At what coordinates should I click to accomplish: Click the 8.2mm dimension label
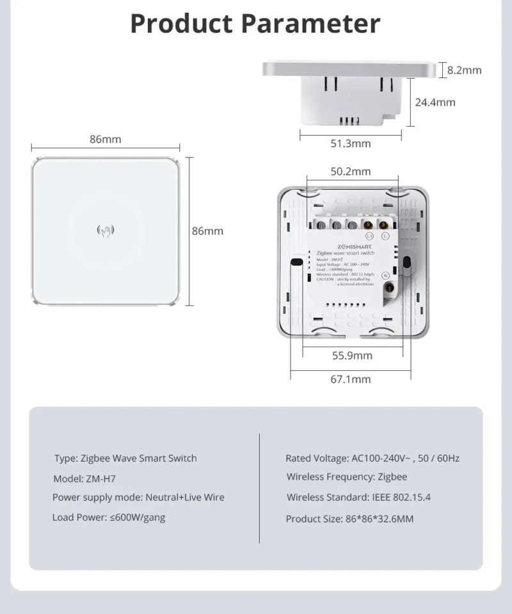point(464,70)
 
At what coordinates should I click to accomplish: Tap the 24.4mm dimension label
point(435,102)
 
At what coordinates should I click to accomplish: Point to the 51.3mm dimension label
point(350,143)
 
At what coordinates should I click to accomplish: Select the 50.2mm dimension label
point(350,171)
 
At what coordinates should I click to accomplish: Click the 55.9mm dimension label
point(352,356)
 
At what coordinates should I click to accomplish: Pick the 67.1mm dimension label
point(350,379)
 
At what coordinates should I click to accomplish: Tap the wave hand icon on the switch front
point(105,230)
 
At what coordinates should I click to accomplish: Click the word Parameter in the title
point(311,24)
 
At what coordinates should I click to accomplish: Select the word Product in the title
point(181,24)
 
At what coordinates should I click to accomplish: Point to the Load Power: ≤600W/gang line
point(109,517)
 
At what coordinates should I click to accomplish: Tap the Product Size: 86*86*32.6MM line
point(349,519)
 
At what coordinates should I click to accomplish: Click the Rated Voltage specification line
point(372,458)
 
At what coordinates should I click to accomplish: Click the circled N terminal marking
point(386,276)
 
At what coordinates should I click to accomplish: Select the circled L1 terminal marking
point(316,236)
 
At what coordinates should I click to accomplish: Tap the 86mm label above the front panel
point(105,139)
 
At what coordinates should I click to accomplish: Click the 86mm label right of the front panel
point(208,231)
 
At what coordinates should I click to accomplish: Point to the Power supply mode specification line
point(138,498)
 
